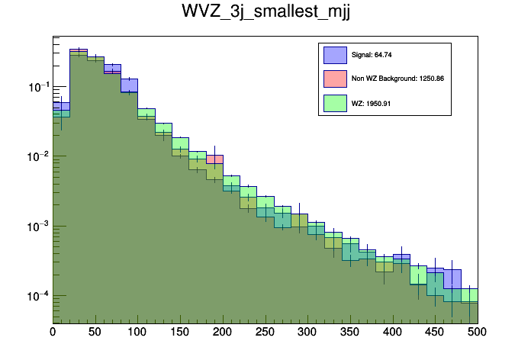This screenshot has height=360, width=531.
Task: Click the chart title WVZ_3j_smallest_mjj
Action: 265,13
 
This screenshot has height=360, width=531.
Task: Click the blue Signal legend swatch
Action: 336,55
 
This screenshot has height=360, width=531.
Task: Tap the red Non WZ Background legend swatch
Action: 336,79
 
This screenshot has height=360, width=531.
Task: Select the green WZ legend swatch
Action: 336,103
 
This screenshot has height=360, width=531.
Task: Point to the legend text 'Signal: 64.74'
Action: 372,55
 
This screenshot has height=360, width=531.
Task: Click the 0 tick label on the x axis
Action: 53,333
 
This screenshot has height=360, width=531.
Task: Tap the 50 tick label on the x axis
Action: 95,333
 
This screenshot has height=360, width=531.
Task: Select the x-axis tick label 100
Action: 137,333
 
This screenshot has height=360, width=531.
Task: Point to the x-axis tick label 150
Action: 180,333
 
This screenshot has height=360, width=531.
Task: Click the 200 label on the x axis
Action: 223,333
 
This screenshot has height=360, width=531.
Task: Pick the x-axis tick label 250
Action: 265,333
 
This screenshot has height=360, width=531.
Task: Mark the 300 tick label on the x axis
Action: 307,333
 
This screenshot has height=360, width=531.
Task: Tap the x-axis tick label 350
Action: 350,333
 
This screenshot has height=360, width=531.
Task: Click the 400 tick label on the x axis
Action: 392,333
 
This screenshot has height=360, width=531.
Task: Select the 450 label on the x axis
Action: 435,333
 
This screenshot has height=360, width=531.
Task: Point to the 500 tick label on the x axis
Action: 477,333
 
